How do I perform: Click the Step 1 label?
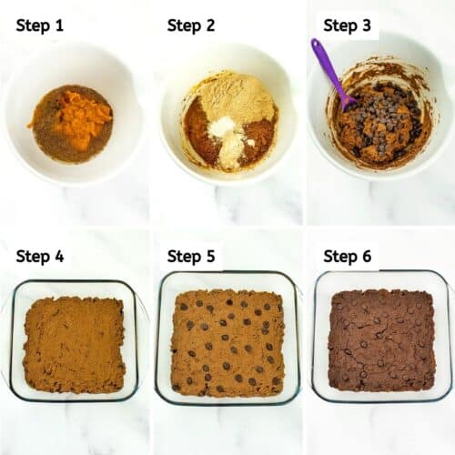tap(39, 25)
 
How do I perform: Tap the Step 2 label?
tap(191, 25)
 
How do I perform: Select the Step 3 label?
tap(348, 25)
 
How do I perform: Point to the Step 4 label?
tap(39, 256)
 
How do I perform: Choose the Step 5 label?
tap(191, 256)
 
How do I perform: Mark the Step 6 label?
tap(348, 256)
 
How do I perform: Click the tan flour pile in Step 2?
tap(238, 97)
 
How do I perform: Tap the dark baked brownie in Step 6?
tap(380, 340)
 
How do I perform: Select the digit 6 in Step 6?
tap(367, 256)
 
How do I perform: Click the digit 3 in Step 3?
tap(367, 25)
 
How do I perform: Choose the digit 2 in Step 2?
tap(210, 25)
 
